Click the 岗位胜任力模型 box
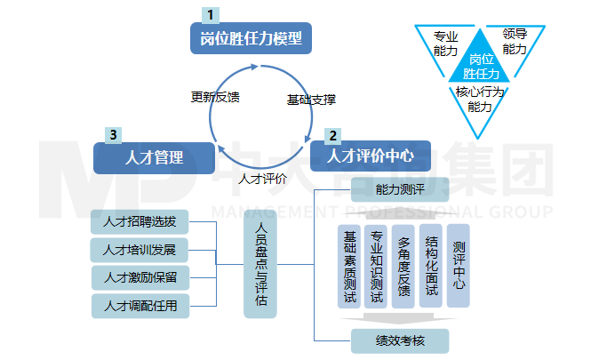(251, 38)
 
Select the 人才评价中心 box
(370, 156)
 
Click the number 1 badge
(211, 15)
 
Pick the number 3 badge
(113, 135)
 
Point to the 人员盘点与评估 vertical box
(261, 264)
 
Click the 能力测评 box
(400, 189)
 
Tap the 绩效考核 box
(400, 340)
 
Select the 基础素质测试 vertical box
(349, 266)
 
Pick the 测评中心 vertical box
(458, 266)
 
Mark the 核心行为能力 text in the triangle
(480, 99)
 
